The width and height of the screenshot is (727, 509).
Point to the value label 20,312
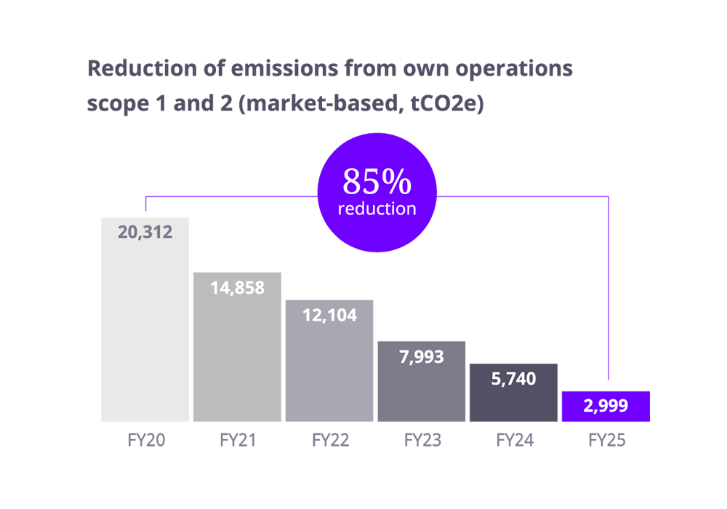point(145,233)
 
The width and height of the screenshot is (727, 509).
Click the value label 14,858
point(237,287)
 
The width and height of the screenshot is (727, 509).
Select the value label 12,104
point(329,316)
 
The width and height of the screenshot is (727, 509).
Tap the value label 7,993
point(421,356)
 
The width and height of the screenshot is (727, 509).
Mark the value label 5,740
point(513,379)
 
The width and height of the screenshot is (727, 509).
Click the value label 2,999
point(606,406)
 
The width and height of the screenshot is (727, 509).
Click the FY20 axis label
point(145,440)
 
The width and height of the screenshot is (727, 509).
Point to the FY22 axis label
point(329,440)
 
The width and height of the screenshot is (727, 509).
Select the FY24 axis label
point(513,440)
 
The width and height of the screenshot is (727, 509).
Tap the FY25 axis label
point(606,440)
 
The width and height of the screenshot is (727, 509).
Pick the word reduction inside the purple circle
point(377,209)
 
